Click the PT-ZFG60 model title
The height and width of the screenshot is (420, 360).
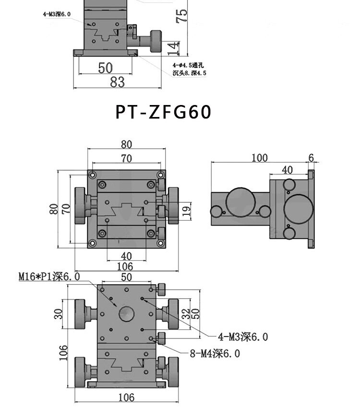(x=163, y=112)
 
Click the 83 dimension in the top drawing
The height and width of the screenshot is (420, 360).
(x=118, y=82)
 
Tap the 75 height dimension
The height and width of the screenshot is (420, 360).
(x=181, y=16)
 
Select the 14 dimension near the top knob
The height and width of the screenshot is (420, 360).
(x=174, y=48)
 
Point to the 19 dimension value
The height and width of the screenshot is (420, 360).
(x=188, y=210)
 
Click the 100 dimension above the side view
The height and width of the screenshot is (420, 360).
(x=259, y=158)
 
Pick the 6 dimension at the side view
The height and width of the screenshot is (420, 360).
(x=311, y=158)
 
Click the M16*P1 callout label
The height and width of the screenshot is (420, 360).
(x=49, y=277)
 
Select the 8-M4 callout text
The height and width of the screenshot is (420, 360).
(x=215, y=353)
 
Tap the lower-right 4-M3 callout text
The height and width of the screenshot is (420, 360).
(x=243, y=337)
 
